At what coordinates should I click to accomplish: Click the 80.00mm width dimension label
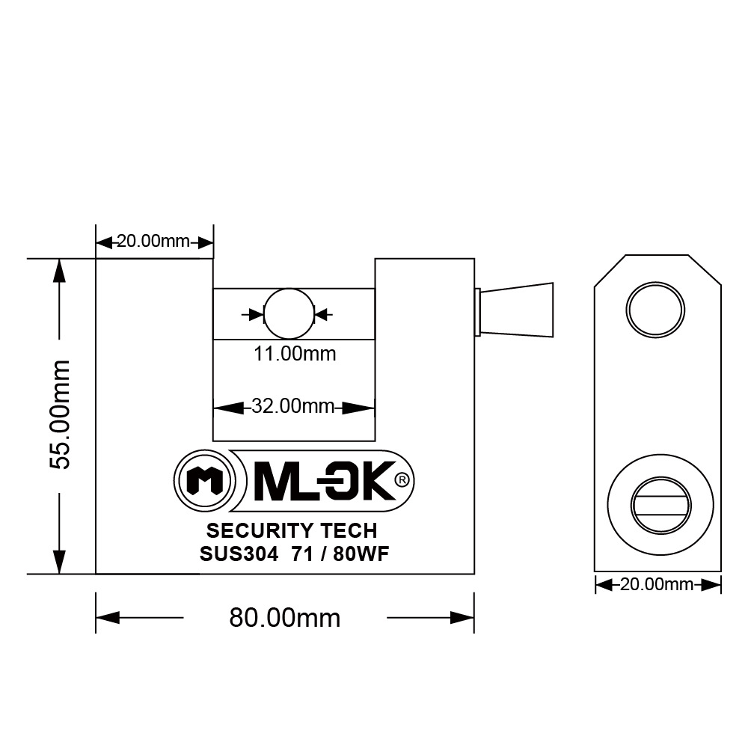coord(284,618)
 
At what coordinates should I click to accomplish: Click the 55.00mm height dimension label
coord(59,414)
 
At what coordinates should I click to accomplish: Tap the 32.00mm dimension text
coord(292,407)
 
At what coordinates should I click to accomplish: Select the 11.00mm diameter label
coord(294,354)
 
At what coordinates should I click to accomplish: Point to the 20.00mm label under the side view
coord(657,584)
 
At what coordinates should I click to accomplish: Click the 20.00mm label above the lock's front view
coord(153,242)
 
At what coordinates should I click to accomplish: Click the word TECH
coord(349,531)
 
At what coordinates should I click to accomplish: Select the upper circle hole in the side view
coord(656,308)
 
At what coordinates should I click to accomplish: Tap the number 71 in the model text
coord(302,554)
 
